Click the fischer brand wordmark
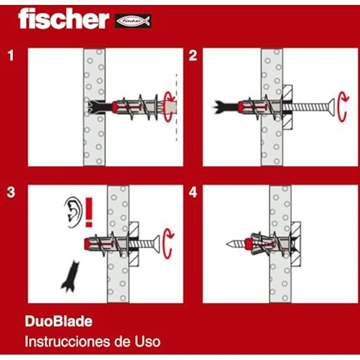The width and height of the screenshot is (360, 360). (63, 20)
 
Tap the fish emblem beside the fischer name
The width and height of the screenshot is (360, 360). (133, 21)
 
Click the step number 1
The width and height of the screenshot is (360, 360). (11, 56)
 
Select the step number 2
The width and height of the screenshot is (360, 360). (193, 56)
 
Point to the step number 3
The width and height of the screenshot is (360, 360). (11, 193)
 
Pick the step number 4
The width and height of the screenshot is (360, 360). (193, 193)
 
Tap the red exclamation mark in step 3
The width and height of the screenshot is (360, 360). (89, 212)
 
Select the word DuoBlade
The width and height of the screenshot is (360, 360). (58, 321)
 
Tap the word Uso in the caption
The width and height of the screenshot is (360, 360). (146, 341)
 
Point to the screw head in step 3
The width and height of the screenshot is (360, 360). (157, 243)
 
